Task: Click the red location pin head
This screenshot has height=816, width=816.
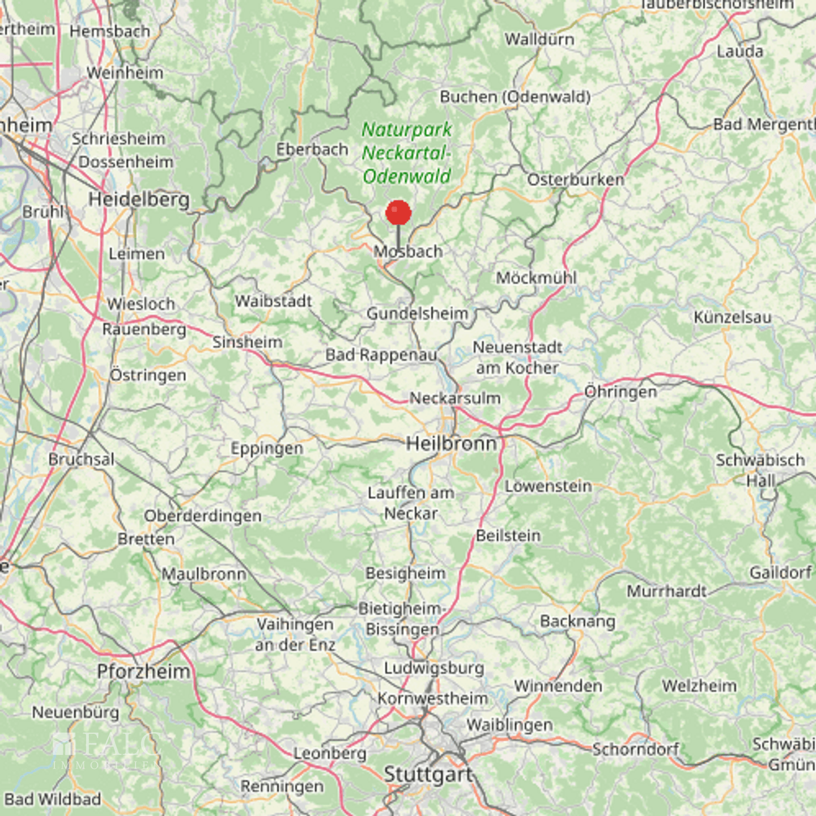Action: click(x=398, y=213)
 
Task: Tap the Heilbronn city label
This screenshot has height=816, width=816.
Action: click(x=452, y=443)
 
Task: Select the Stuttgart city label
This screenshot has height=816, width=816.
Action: click(x=428, y=774)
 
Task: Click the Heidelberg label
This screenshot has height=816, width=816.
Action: click(x=139, y=199)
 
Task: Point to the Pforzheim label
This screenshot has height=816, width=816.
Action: click(x=143, y=671)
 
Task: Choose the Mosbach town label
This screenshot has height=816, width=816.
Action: click(x=409, y=252)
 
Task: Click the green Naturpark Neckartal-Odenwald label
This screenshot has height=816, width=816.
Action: click(x=407, y=153)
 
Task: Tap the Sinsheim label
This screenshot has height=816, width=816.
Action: click(x=247, y=342)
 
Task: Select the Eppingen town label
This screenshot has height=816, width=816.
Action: click(x=267, y=449)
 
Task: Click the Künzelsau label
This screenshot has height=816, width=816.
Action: click(x=732, y=317)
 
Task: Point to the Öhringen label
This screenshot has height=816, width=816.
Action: click(x=620, y=392)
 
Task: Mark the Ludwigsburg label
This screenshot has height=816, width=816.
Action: click(x=434, y=668)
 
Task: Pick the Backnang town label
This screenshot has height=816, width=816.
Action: click(x=577, y=621)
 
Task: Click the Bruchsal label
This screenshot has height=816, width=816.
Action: click(x=82, y=459)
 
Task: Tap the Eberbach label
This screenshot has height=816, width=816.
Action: click(x=312, y=150)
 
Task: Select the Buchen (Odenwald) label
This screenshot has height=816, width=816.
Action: click(x=515, y=97)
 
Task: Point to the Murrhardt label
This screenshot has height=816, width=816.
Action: click(x=666, y=591)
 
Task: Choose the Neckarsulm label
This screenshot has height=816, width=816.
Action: click(x=455, y=398)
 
